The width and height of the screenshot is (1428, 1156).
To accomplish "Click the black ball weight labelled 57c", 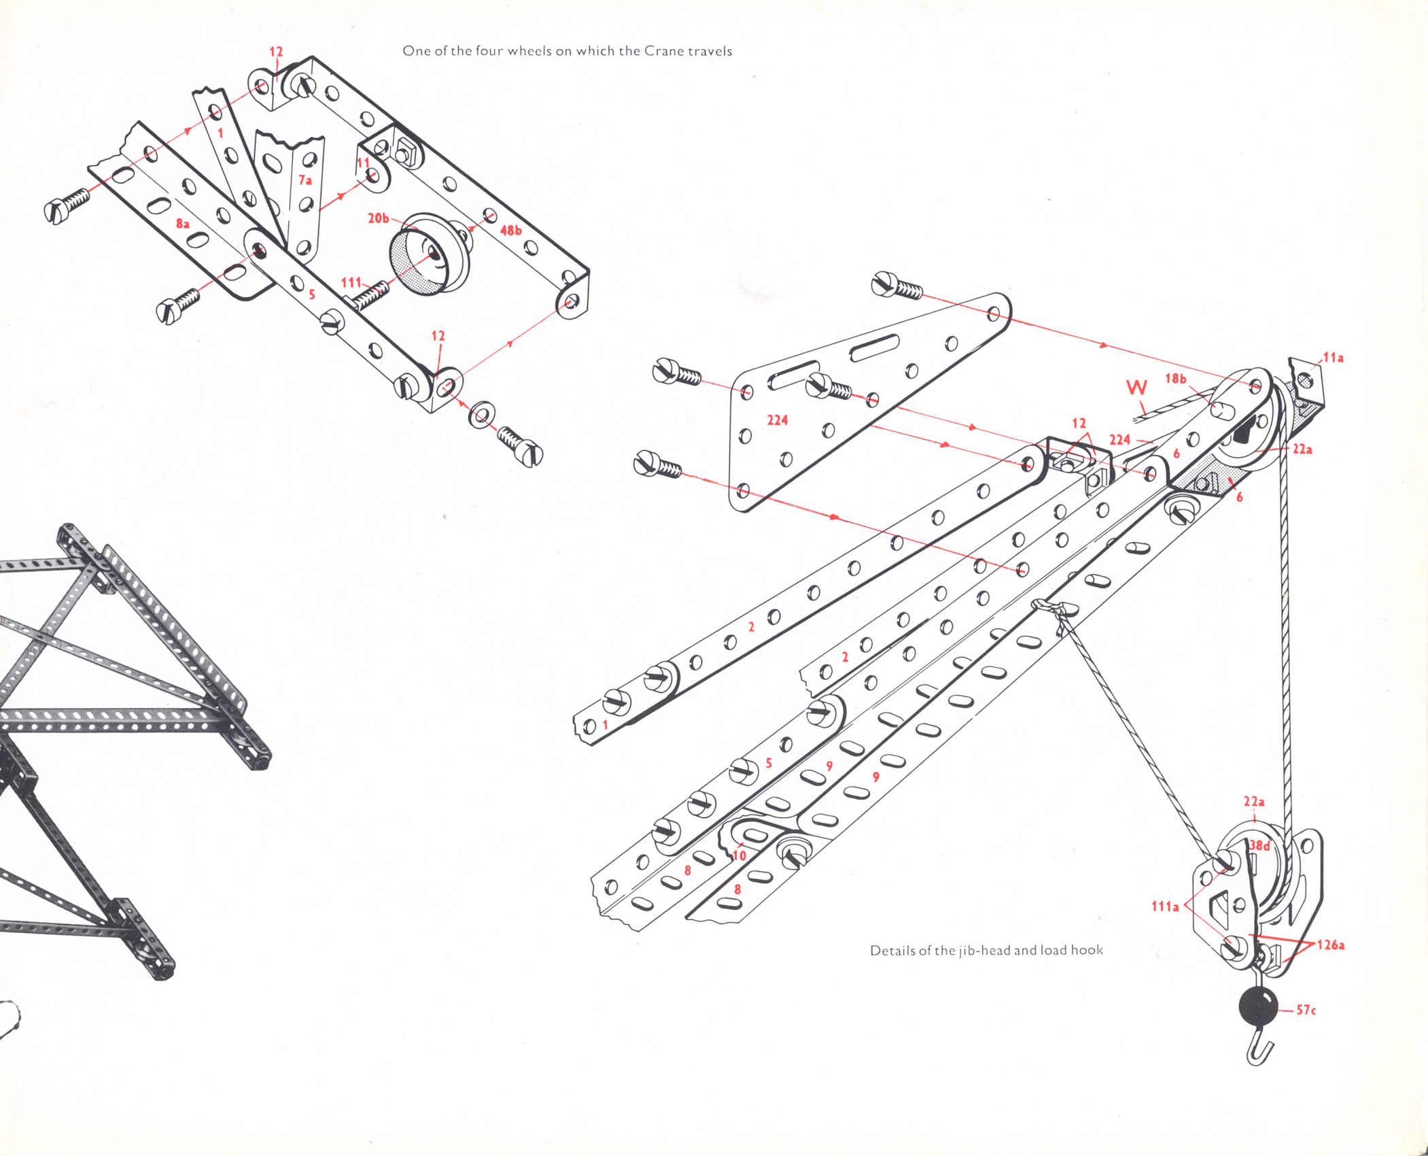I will coord(1258,1007).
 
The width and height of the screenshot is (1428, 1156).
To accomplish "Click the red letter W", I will coord(1136,388).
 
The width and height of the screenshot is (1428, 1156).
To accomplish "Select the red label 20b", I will coord(379,218).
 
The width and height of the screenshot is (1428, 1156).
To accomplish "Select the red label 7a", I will coord(305,180).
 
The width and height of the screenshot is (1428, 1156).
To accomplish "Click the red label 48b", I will coord(510,231).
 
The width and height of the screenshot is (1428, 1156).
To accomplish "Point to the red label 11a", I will coord(1333,358).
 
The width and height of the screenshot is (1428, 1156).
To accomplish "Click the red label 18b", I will coord(1175,379).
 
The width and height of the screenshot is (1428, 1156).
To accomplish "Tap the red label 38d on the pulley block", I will coord(1259,846).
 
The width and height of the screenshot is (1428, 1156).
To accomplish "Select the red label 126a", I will coord(1331,945).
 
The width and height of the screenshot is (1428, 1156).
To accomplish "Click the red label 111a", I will coord(1165,906).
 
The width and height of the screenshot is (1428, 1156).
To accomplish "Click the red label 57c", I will coord(1306,1010).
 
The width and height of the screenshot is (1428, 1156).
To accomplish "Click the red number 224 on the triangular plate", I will coord(777,420).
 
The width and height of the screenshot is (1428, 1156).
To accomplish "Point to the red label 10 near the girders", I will coord(739,855).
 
